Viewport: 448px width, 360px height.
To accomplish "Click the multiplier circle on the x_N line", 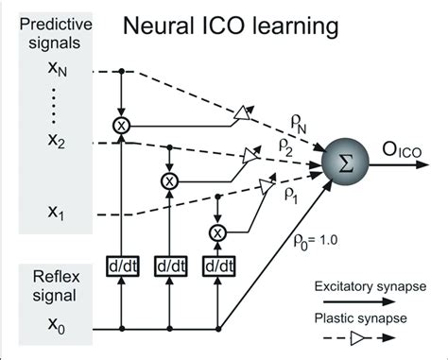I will [x=122, y=124].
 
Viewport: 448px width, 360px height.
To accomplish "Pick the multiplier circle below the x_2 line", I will [x=169, y=180].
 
